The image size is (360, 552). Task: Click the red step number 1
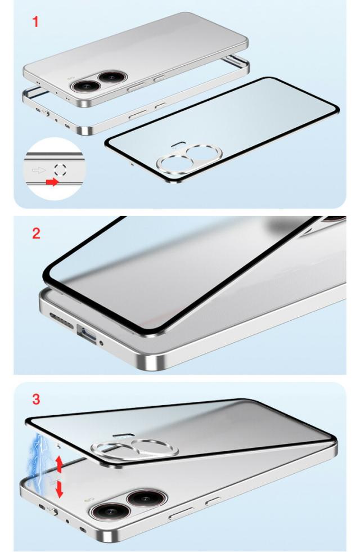click(35, 22)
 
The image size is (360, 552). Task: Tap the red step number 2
click(36, 234)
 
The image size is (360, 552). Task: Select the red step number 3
click(36, 399)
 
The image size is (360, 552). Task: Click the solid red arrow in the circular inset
click(52, 182)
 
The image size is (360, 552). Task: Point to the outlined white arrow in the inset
click(39, 170)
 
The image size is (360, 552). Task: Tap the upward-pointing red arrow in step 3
click(59, 464)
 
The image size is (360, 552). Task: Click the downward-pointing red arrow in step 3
click(59, 490)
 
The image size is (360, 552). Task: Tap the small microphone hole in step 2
click(102, 343)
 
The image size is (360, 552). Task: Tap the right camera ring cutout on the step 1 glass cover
click(204, 152)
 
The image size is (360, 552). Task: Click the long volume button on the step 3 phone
click(181, 513)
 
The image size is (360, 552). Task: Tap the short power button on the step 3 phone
click(213, 501)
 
